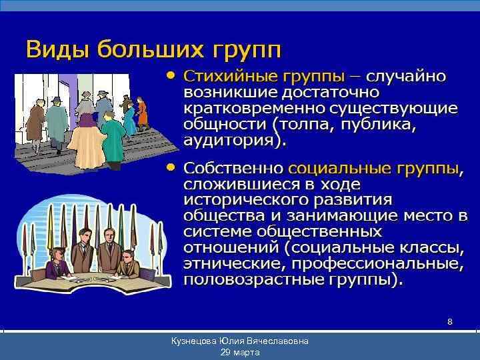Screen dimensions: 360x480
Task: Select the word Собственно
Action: point(234,167)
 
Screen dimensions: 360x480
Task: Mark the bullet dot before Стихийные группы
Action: point(171,75)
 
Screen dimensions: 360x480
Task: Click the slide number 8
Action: point(450,322)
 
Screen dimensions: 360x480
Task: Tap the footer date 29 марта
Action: point(239,352)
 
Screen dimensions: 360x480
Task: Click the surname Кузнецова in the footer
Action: point(194,341)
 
